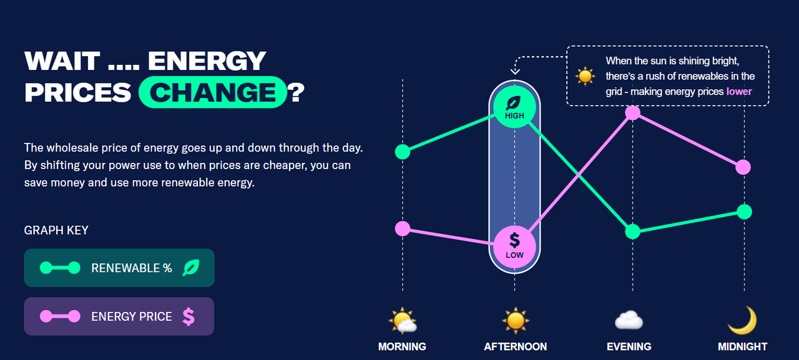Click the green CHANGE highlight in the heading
pos(213,92)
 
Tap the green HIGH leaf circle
pos(514,107)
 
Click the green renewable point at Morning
pos(403,152)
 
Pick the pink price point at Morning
pos(403,228)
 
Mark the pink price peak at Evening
pos(633,113)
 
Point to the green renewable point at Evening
pos(633,231)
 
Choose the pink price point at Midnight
pos(743,167)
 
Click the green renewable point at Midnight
pos(745,212)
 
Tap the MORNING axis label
pos(402,346)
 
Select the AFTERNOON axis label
pos(516,346)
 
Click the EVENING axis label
pos(629,346)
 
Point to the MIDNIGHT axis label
pos(743,346)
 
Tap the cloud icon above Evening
pos(629,319)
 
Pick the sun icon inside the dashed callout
pos(585,76)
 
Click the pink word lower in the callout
pos(739,92)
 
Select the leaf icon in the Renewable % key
pos(191,268)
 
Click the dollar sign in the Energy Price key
pos(189,316)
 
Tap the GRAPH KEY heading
pos(56,230)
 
